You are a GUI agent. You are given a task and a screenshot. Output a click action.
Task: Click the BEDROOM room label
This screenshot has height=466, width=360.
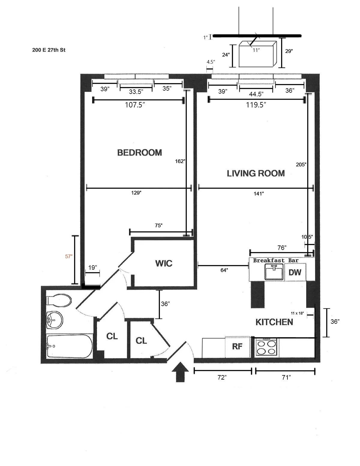[x=139, y=152]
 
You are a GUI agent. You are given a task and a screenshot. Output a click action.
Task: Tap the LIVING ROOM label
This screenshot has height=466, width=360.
[x=256, y=173]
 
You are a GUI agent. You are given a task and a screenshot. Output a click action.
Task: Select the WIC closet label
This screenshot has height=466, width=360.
[x=163, y=263]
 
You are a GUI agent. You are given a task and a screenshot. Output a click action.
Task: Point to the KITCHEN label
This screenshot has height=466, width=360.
[x=274, y=322]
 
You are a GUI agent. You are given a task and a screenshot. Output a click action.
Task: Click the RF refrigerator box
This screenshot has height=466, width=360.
[x=237, y=347]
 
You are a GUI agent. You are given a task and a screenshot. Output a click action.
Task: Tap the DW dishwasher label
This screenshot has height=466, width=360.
[x=295, y=272]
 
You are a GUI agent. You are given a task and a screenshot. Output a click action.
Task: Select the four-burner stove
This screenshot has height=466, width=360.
[x=267, y=347]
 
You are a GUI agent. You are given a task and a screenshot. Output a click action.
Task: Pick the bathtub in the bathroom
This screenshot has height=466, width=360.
[x=69, y=346]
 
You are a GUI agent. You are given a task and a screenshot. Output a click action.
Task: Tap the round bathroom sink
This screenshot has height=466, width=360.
[x=54, y=320]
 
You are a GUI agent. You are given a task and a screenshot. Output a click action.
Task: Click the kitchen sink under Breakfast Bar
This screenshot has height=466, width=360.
[x=274, y=272]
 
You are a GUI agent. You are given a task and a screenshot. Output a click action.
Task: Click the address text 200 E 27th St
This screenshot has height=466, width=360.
[x=49, y=50]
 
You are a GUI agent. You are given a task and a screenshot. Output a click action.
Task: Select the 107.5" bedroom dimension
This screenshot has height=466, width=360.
[x=135, y=105]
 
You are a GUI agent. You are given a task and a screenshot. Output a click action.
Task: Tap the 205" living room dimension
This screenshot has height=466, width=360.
[x=301, y=164]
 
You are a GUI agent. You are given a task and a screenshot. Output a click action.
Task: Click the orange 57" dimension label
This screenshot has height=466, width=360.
[x=69, y=256]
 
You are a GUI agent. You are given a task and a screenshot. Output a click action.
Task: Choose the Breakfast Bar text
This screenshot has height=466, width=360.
[x=276, y=260]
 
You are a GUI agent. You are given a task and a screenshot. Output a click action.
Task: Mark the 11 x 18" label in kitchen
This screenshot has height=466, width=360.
[x=297, y=313]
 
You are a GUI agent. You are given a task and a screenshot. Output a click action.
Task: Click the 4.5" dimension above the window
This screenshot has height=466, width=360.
[x=211, y=62]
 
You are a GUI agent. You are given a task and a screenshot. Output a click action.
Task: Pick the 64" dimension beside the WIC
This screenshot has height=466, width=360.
[x=224, y=270]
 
